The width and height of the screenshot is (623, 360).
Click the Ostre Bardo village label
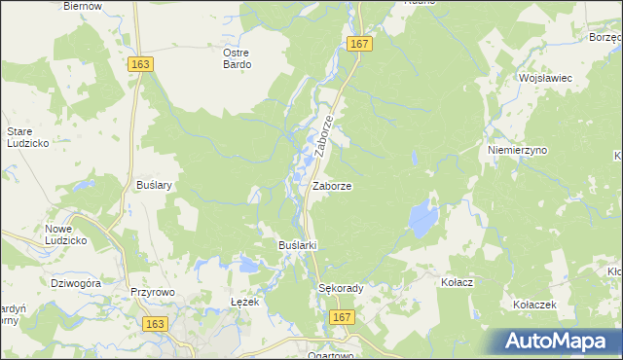pos(237,58)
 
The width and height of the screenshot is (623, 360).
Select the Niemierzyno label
pos(518,151)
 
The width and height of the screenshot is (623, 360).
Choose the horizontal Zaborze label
pos(332,185)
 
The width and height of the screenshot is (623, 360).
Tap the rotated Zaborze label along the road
pos(324,136)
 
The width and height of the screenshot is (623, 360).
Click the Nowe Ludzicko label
pos(67,234)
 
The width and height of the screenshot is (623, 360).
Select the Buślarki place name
pos(299,245)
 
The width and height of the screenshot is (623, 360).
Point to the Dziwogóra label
pos(76,283)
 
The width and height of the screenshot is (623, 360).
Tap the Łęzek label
pos(244,302)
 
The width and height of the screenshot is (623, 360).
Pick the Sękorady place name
pos(341,289)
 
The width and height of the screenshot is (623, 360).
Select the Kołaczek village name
pos(534,305)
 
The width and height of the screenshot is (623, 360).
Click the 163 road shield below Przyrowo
pos(152,322)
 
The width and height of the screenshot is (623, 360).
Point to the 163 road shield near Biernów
pos(139,62)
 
